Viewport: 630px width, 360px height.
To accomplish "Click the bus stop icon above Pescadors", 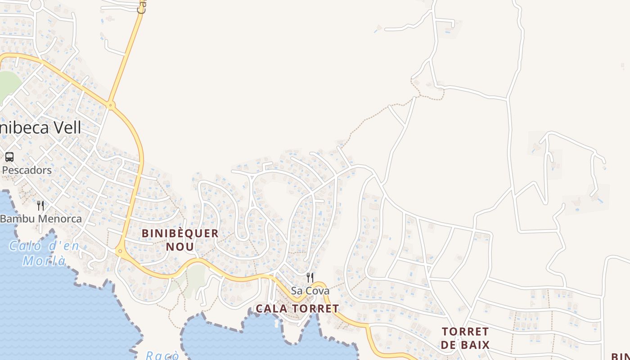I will pos(9,157).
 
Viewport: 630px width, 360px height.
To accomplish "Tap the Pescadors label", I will pos(27,171).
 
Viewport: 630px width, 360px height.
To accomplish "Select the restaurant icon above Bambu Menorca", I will pos(40,206).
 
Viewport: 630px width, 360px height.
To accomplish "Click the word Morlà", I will pos(44,261).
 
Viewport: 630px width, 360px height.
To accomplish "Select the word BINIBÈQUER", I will pos(180,234).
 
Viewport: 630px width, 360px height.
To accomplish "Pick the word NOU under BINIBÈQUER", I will pos(180,247).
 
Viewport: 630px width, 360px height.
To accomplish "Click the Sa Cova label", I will pos(310,291).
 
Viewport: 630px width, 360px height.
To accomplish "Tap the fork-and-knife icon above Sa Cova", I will pos(310,277).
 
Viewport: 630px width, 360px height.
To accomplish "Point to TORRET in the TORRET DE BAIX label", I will pos(465,332).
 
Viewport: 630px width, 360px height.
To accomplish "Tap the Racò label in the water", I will pos(162,355).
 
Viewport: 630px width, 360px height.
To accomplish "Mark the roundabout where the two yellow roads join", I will pos(110,105).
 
